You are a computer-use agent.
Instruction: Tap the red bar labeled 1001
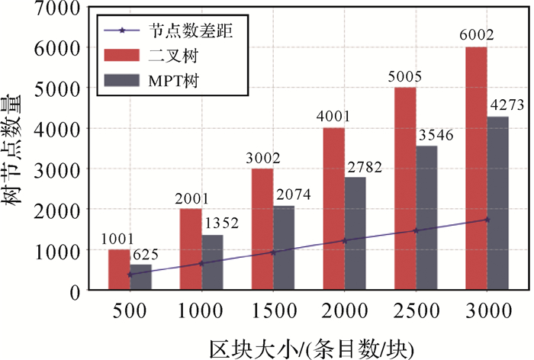coord(118,269)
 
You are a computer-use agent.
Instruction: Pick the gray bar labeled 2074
coord(283,248)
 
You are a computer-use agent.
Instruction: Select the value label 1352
coord(220,224)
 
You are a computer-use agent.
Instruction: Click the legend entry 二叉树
coord(175,55)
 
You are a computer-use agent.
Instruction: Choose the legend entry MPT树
coord(180,80)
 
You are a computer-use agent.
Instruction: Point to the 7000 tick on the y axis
coord(62,7)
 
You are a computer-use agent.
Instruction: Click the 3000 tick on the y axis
coord(62,169)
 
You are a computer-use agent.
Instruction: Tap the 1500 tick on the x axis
coord(272,312)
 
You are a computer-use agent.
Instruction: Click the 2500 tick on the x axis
coord(415,312)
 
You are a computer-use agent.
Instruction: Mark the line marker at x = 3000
coord(487,220)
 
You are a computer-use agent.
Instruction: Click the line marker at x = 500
coord(130,274)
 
